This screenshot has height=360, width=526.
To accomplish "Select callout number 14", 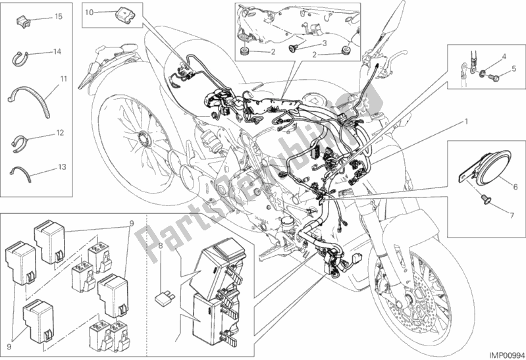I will click(58, 51).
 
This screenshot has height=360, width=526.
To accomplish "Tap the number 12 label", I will click(59, 133).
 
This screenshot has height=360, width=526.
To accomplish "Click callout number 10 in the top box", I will click(90, 12).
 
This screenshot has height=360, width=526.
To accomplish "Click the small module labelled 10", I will click(122, 12).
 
